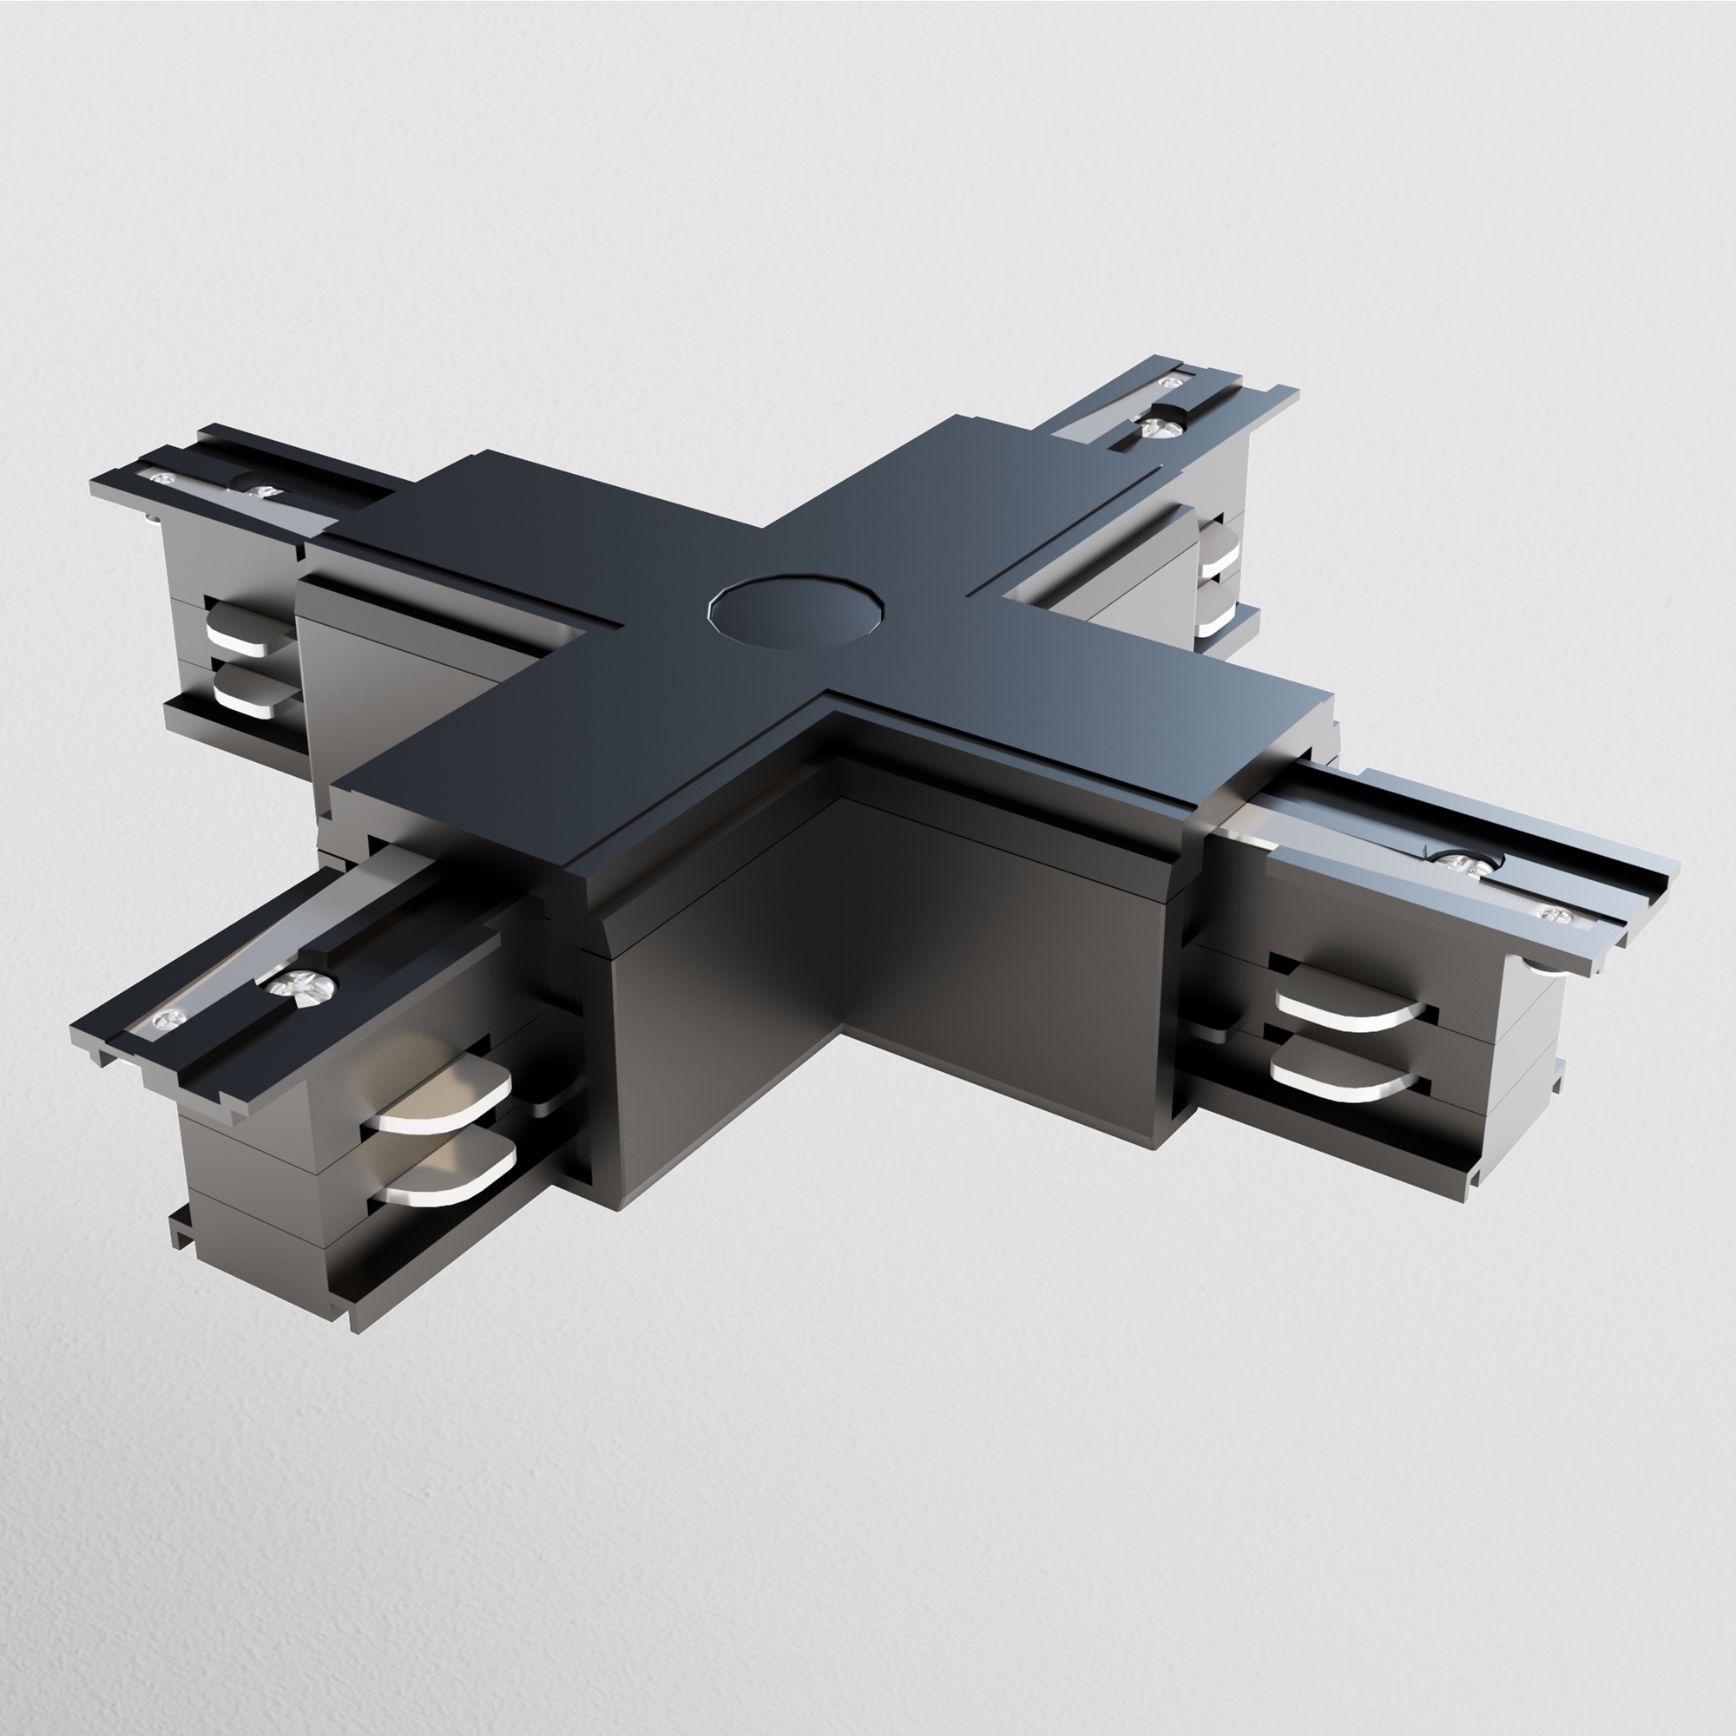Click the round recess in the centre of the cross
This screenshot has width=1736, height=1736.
797,611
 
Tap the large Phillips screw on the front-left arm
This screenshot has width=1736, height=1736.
304,985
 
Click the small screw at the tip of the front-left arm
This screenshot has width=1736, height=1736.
168,1018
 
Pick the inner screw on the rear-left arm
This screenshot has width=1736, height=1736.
262,491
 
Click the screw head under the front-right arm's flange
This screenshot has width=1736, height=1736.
1539,965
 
